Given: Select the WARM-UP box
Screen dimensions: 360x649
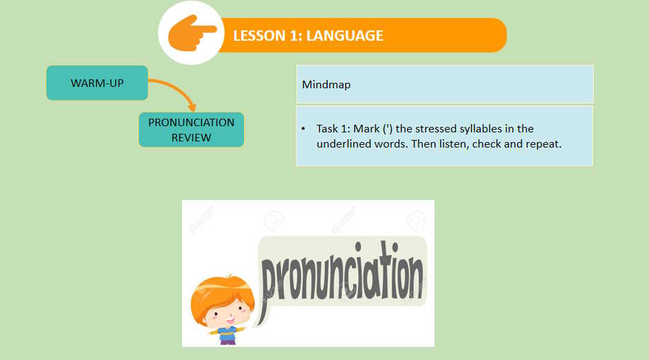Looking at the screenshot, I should (x=97, y=83).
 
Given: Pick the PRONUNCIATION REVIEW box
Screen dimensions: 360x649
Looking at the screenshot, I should (x=191, y=130).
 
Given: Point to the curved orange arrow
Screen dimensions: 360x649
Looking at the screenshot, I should (x=177, y=90).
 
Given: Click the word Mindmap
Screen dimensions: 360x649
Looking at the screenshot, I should (x=326, y=85).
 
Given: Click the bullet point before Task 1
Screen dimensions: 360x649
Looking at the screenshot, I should (x=303, y=129).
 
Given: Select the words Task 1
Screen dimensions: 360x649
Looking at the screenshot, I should (x=331, y=129).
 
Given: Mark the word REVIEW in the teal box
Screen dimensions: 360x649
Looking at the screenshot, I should (x=191, y=137).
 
